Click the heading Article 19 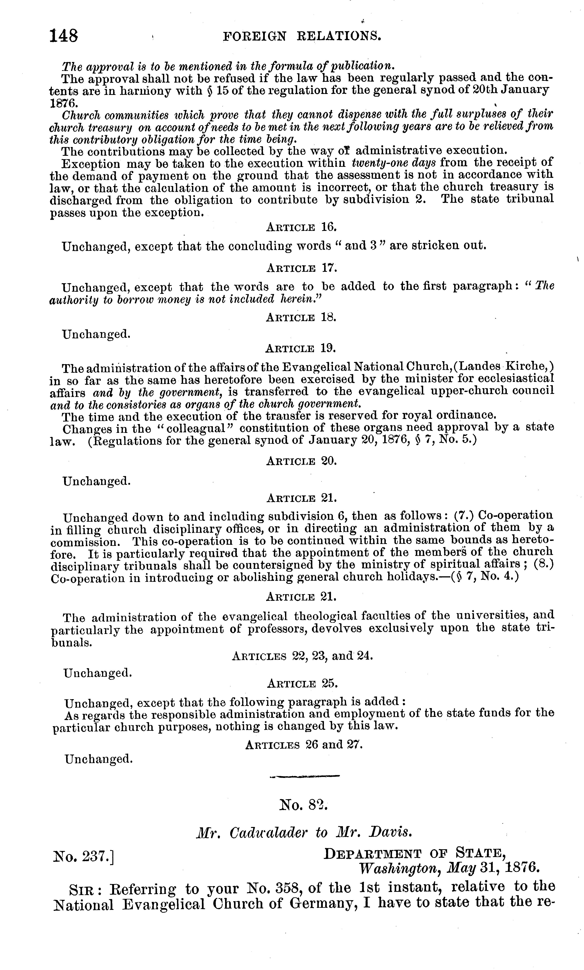coord(301,348)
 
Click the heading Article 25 coord(302,683)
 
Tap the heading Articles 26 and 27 coord(303,745)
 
